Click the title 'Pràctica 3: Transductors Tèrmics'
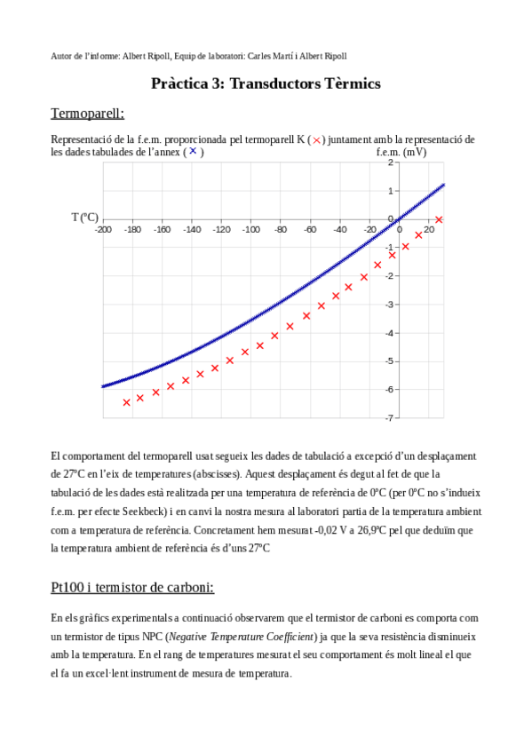(x=266, y=83)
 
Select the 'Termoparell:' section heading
(x=88, y=115)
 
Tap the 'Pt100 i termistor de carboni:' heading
(x=132, y=588)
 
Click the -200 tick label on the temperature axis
(x=102, y=229)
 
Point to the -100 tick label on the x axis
(x=250, y=229)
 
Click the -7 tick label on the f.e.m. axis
(x=390, y=417)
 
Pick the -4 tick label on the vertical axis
(x=390, y=332)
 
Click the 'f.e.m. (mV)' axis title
(x=401, y=151)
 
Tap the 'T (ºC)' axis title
(x=85, y=217)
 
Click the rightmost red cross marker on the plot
(x=439, y=219)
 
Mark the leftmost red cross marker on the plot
(x=126, y=402)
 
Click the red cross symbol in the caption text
(x=317, y=140)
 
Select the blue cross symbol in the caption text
(x=192, y=151)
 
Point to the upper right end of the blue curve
(x=442, y=185)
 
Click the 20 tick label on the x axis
(x=429, y=229)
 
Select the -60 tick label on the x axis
(x=310, y=229)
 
